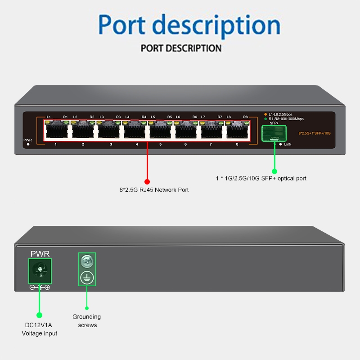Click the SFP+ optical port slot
click(274, 133)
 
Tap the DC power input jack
click(40, 271)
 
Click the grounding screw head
click(86, 261)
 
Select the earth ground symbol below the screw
click(86, 278)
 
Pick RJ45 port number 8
click(237, 130)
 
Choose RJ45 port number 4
click(135, 130)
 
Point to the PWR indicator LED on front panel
click(28, 145)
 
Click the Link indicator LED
click(280, 144)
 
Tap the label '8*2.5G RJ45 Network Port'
click(151, 190)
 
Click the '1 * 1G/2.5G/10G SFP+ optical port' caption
click(261, 179)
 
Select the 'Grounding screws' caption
click(87, 321)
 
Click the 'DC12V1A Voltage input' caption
click(40, 329)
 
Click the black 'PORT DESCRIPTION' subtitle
click(181, 48)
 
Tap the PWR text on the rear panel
click(40, 254)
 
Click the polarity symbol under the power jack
click(40, 287)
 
